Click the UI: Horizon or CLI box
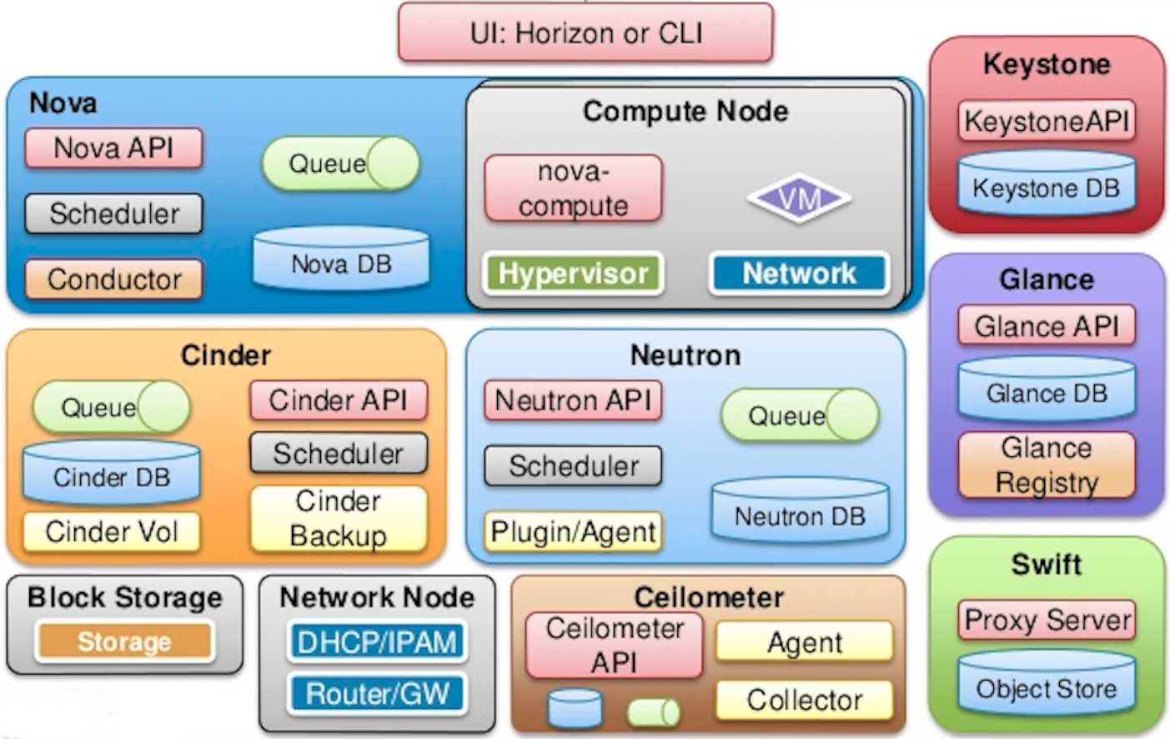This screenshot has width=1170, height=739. pos(585,33)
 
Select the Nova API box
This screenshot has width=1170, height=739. pos(113,148)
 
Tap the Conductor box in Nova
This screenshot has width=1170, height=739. pos(113,279)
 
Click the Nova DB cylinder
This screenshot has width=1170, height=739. pos(341,261)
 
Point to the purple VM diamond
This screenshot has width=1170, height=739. pos(798,199)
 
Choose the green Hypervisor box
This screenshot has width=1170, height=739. pos(573,274)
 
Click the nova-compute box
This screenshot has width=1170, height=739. pos(573,189)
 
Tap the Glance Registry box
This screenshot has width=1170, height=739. pos(1046,465)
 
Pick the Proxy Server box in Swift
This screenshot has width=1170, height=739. pos(1046,620)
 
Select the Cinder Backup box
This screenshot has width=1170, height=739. pos(338,518)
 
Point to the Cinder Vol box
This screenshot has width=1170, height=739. pos(111,531)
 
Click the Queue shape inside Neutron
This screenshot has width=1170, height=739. pos(799,415)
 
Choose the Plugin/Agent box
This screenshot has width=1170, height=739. pos(573,531)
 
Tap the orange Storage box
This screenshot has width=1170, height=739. pos(124,641)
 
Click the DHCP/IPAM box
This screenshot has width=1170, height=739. pos(377,641)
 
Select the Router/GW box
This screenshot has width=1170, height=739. pos(377,693)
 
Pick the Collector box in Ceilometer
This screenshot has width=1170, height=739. pos(804,700)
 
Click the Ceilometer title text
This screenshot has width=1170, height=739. pos(708,597)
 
